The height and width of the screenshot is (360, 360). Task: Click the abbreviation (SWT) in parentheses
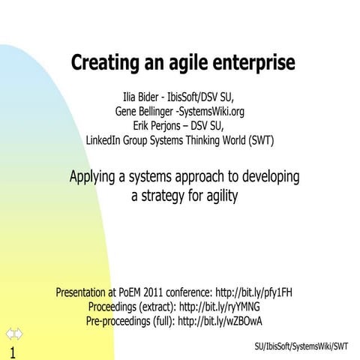click(x=254, y=139)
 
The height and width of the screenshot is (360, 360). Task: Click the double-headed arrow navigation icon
click(x=13, y=333)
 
